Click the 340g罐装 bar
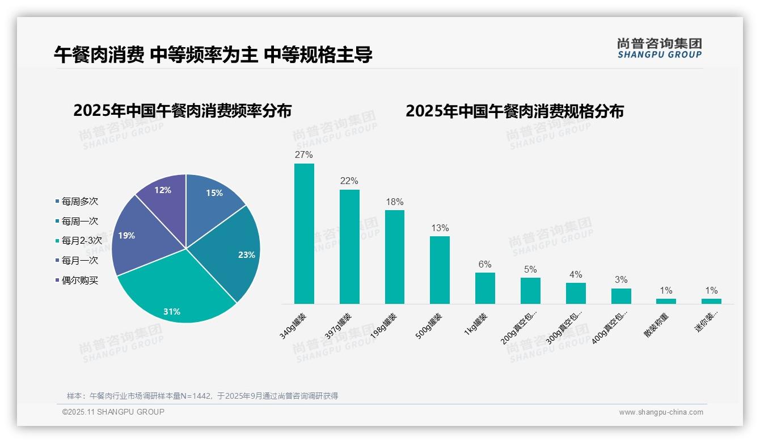click(x=304, y=233)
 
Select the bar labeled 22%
click(x=349, y=246)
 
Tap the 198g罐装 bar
click(x=395, y=257)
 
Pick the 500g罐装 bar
click(x=440, y=270)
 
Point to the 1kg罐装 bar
click(x=485, y=288)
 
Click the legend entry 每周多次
click(x=79, y=202)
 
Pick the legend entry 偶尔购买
click(x=79, y=281)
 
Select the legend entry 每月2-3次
click(x=81, y=241)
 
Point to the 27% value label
click(x=304, y=155)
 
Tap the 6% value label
click(x=485, y=265)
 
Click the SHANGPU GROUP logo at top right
click(x=660, y=48)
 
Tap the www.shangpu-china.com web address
click(x=661, y=412)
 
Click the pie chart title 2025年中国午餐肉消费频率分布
click(x=182, y=111)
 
